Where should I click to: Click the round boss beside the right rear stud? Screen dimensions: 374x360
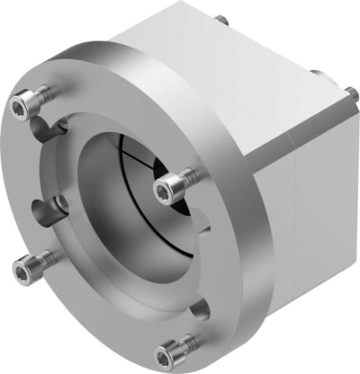pyautogui.click(x=320, y=76)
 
